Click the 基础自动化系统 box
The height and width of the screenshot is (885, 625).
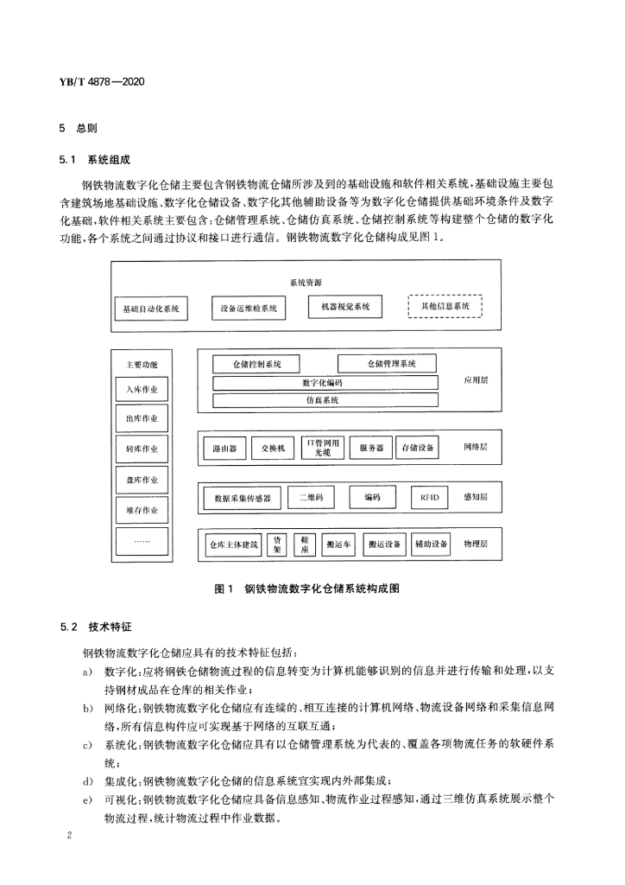point(151,308)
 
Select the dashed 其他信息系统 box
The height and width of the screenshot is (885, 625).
point(445,307)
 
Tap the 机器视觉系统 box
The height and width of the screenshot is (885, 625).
point(345,307)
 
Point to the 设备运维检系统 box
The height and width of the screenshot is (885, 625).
point(249,308)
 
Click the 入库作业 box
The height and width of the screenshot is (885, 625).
point(142,390)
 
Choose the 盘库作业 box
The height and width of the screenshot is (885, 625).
point(142,480)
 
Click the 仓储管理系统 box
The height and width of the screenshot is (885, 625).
point(386,364)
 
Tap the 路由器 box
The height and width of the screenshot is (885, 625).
point(224,449)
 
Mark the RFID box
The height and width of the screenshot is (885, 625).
point(430,497)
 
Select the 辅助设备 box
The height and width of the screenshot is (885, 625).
point(431,544)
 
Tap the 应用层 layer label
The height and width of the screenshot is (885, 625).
point(476,380)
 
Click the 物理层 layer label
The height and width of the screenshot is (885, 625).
point(476,544)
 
